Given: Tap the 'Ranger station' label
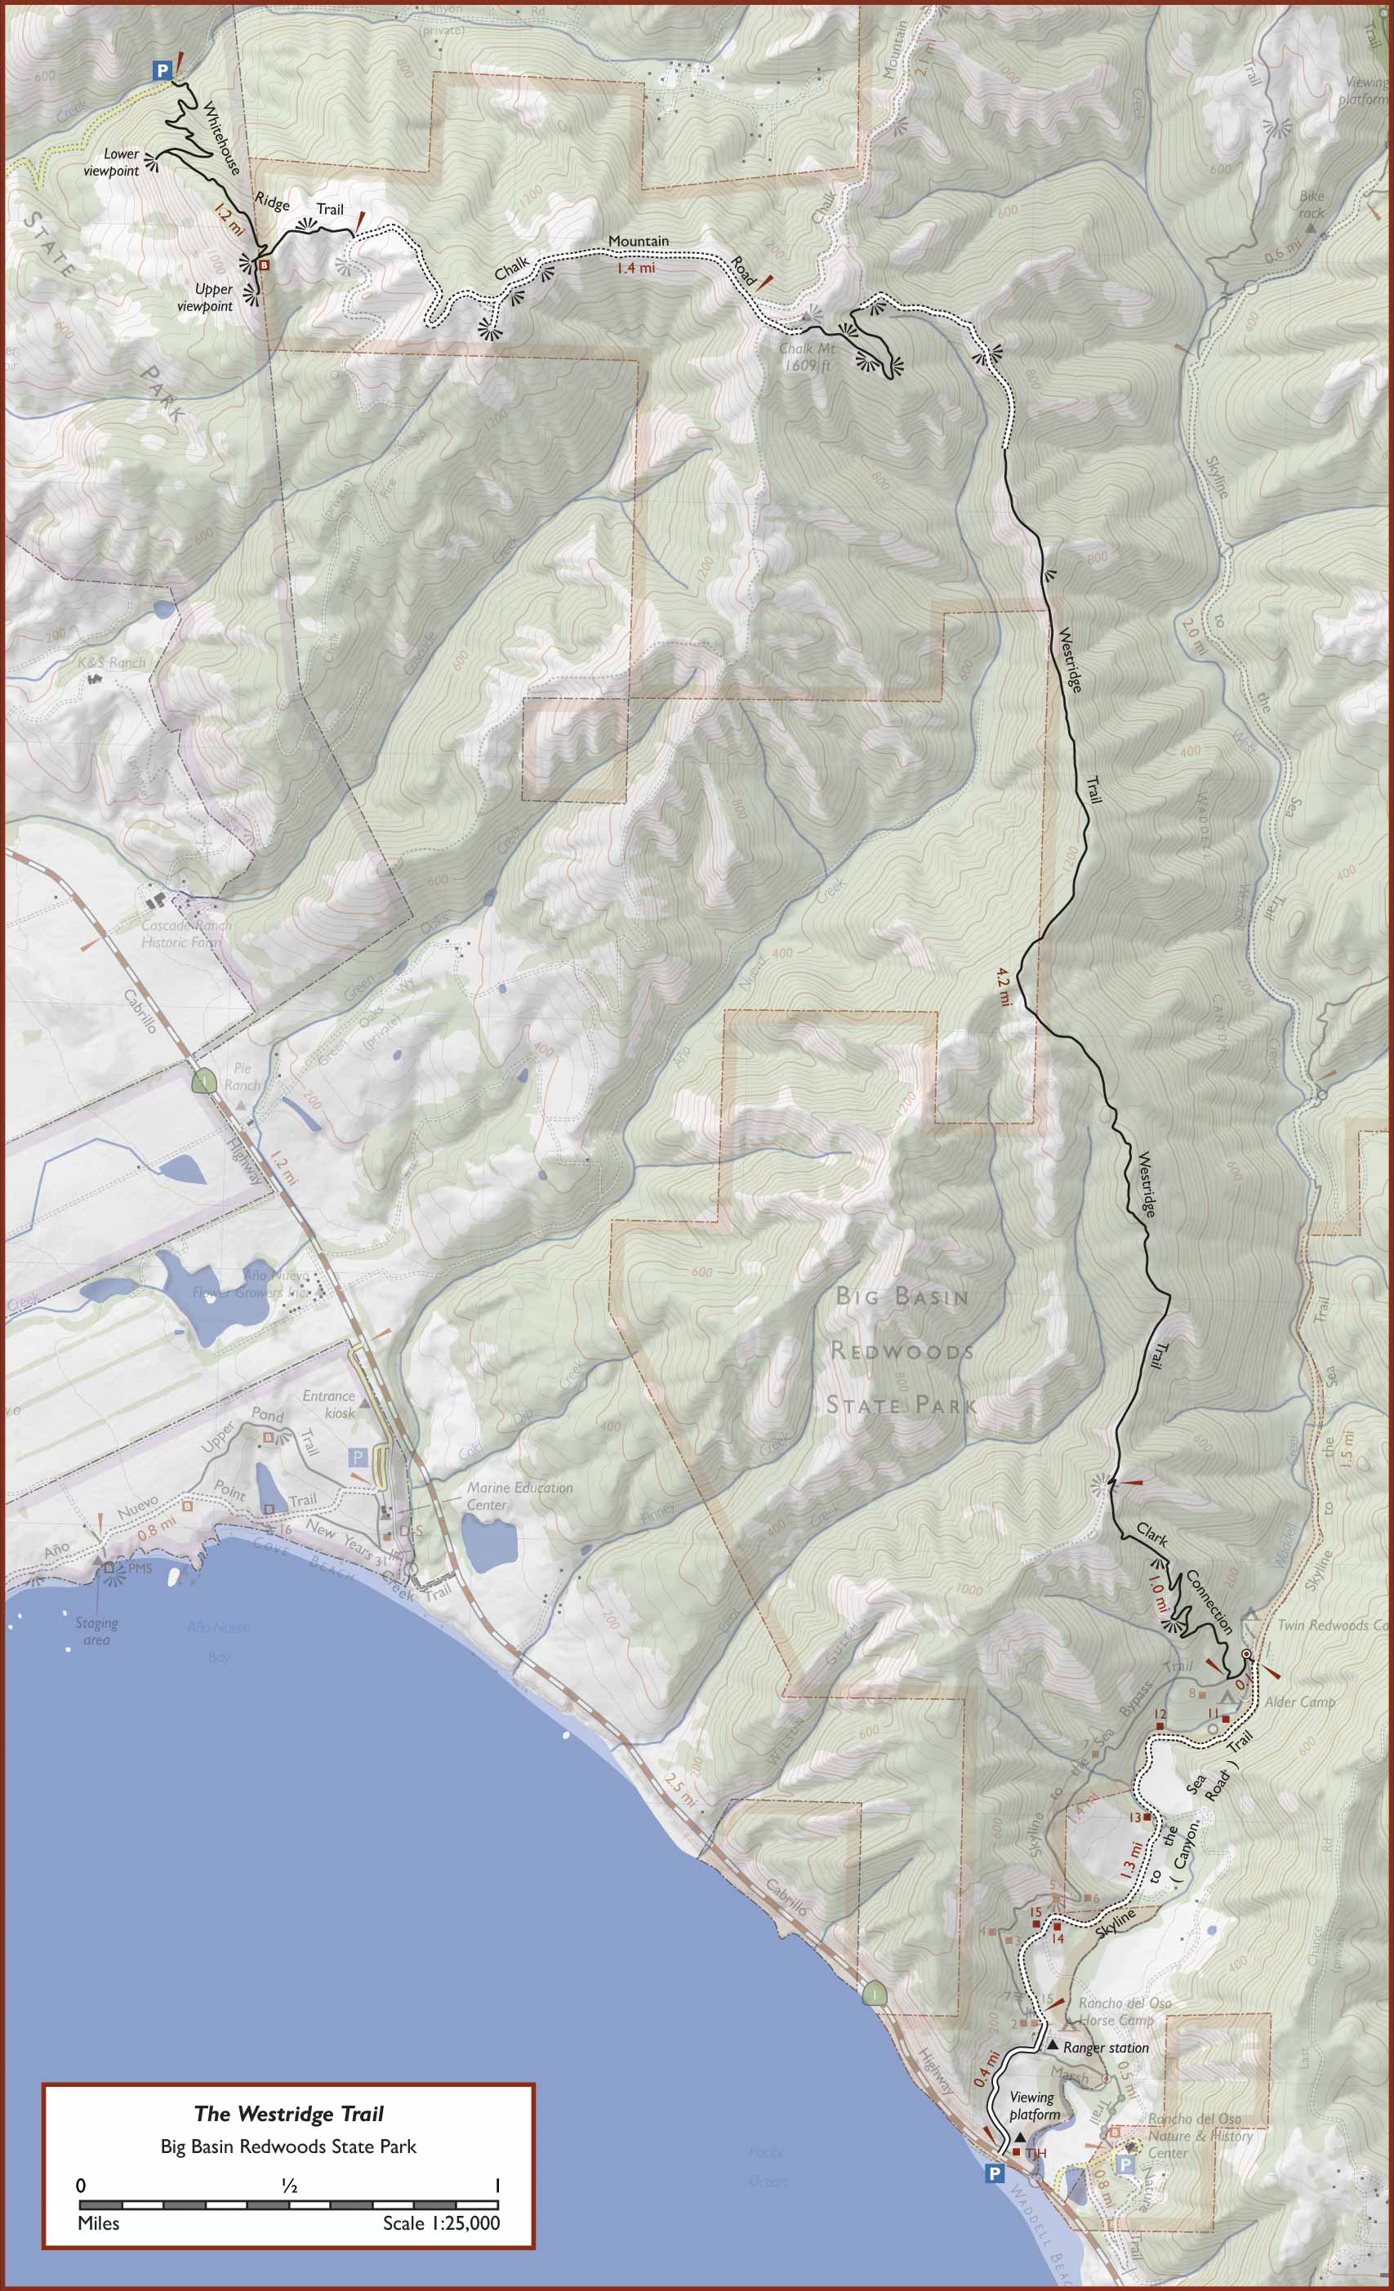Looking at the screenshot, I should click(1105, 2048).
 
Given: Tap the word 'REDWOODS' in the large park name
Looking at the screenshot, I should click(901, 1350).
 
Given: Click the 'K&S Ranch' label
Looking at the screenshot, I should click(111, 662).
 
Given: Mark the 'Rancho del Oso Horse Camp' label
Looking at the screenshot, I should click(1125, 2011).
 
